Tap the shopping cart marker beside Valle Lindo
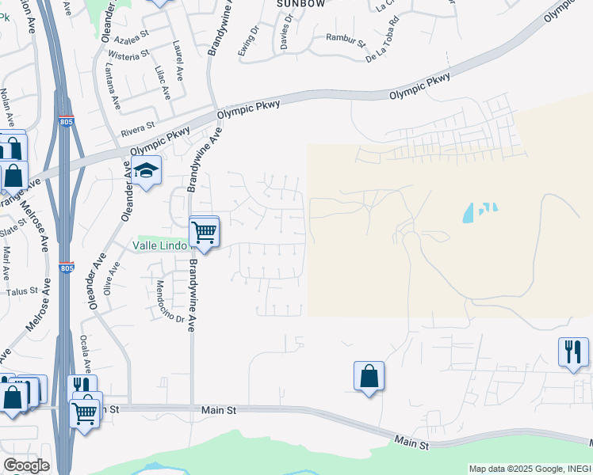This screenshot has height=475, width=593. pos(205,232)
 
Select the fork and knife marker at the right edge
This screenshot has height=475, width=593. pos(573,351)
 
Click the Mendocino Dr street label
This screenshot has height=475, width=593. pos(170,302)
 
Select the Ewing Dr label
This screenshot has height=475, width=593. pos(249,42)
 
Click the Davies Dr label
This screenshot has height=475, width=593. pos(285,35)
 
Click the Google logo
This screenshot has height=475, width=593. pos(26,465)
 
